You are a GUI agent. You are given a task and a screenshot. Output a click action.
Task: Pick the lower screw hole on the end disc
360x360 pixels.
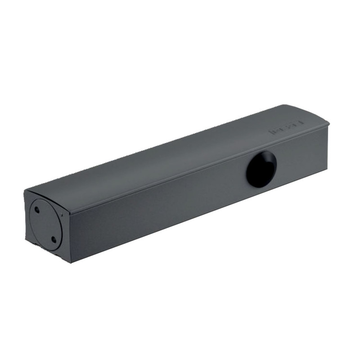point(54,239)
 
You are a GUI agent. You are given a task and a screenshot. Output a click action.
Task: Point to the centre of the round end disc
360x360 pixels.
point(46,224)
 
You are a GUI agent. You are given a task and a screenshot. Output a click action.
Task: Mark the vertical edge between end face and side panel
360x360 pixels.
point(69,234)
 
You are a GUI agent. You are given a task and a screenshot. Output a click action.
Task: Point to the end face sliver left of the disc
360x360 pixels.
point(28,216)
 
